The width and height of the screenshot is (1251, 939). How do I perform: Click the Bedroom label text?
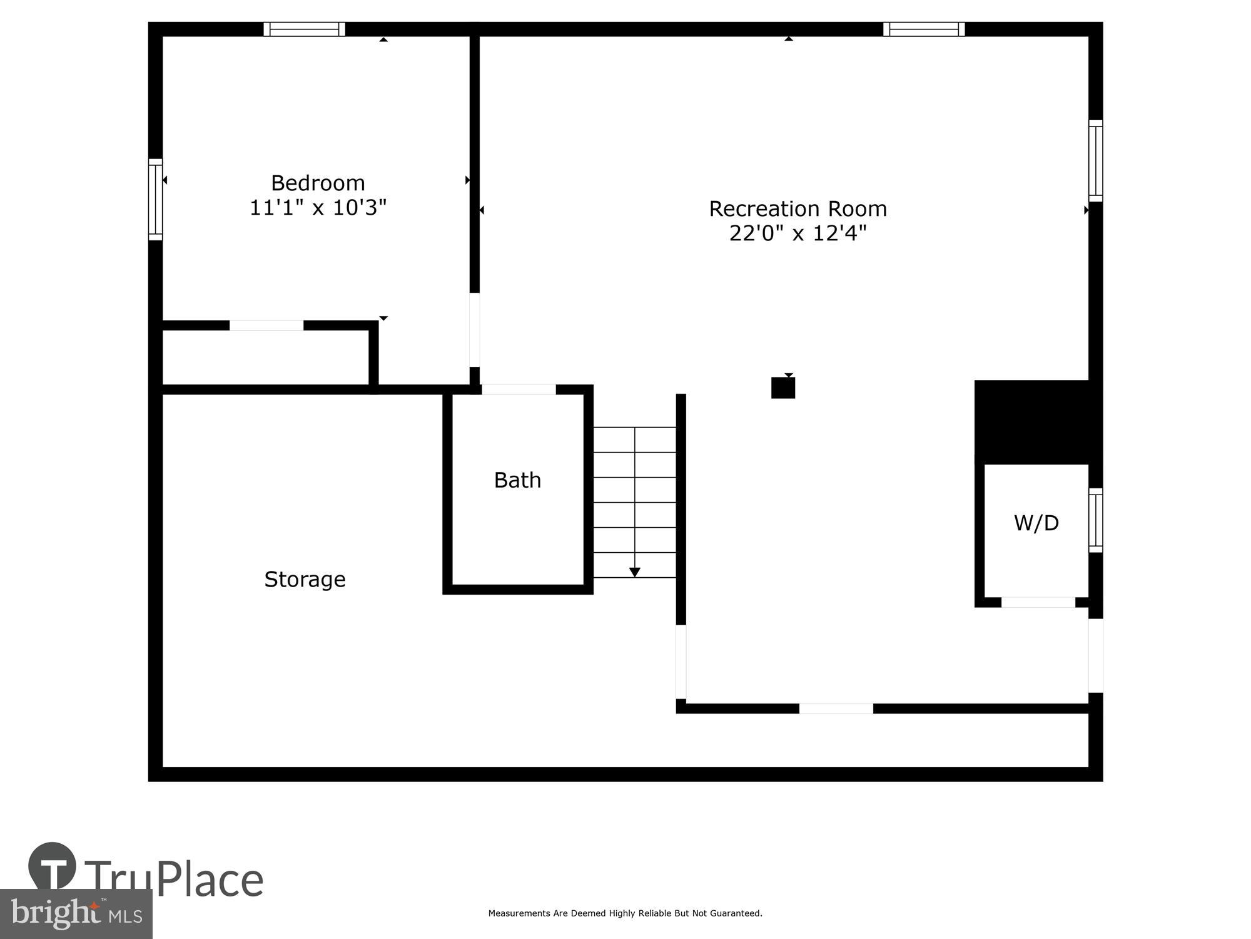click(318, 183)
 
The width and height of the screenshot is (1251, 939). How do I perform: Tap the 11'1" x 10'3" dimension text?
click(318, 207)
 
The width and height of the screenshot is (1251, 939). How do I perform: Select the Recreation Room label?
click(798, 208)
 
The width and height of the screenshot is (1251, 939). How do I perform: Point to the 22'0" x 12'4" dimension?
click(798, 233)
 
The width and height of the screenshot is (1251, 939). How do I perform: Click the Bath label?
click(517, 480)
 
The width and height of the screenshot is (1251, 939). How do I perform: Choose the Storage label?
click(305, 579)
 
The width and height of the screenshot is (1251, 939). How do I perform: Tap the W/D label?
click(1036, 523)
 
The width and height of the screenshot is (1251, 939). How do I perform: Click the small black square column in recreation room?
click(783, 387)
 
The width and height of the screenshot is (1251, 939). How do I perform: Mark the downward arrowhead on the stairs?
click(634, 572)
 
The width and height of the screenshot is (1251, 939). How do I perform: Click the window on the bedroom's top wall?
click(304, 29)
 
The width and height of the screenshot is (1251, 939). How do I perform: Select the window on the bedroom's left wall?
click(155, 199)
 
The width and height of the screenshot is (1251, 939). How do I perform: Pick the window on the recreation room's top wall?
click(924, 29)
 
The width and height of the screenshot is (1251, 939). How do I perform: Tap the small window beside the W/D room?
click(1095, 520)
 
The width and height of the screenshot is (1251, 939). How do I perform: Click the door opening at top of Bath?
click(519, 389)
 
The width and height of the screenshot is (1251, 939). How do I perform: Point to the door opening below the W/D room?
click(1038, 602)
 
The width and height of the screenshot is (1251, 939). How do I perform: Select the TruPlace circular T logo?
click(52, 866)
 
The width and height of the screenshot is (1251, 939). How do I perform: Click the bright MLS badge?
click(76, 914)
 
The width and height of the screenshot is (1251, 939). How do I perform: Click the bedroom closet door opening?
click(266, 325)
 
